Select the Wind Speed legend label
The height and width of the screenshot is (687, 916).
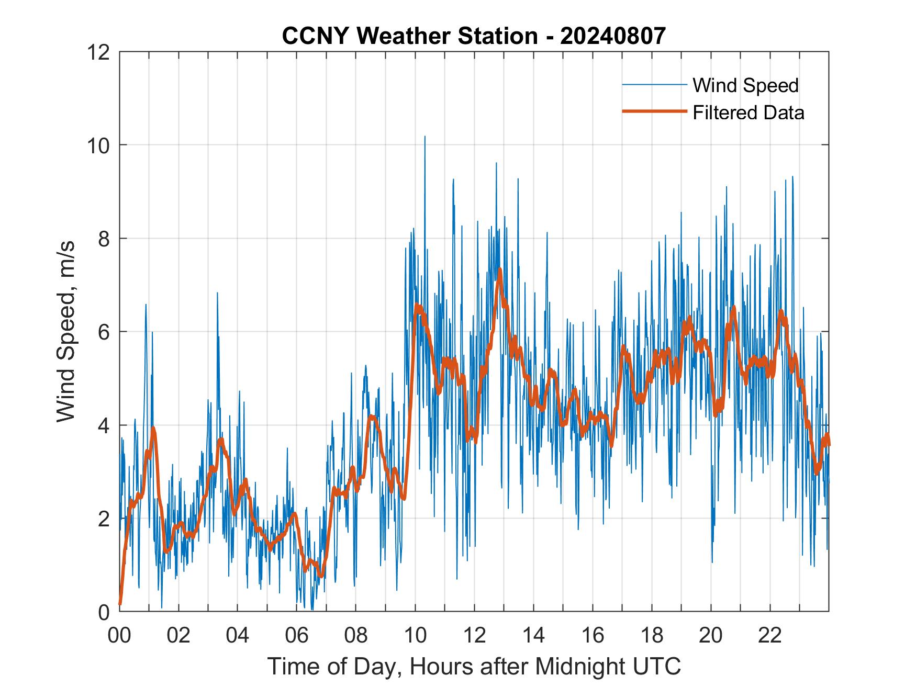point(745,85)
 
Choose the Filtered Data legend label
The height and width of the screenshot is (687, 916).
point(748,112)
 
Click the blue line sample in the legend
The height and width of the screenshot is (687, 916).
point(654,85)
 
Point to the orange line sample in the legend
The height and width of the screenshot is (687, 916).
point(654,111)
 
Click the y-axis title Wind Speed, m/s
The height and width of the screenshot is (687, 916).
point(66,331)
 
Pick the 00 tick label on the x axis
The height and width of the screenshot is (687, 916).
point(119,636)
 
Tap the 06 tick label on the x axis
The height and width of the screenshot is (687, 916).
point(297,636)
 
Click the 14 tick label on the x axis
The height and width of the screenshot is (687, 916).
point(533,636)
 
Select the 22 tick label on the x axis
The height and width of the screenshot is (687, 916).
point(770,636)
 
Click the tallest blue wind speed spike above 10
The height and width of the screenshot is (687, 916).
point(425,137)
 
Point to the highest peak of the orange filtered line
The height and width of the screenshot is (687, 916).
point(500,270)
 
